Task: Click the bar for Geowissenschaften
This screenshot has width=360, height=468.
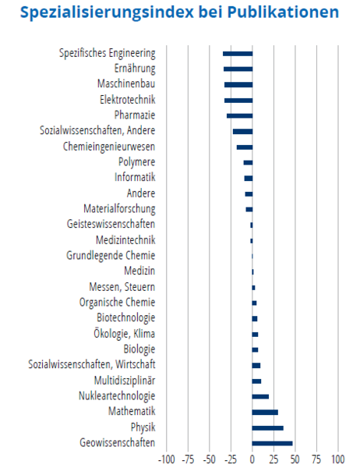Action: pyautogui.click(x=272, y=443)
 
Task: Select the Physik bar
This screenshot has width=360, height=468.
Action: pyautogui.click(x=268, y=427)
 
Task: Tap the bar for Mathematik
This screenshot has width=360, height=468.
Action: pyautogui.click(x=265, y=412)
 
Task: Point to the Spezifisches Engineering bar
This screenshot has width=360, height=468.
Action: pyautogui.click(x=238, y=54)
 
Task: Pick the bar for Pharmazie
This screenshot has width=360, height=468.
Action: pyautogui.click(x=239, y=115)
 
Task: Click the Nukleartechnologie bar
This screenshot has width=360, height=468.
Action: pyautogui.click(x=260, y=396)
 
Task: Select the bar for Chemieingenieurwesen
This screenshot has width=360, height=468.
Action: pyautogui.click(x=245, y=147)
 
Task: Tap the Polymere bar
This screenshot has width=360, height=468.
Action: pyautogui.click(x=248, y=163)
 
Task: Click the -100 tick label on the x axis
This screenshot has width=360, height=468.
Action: pyautogui.click(x=167, y=459)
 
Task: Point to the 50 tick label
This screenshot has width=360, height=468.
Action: pyautogui.click(x=295, y=459)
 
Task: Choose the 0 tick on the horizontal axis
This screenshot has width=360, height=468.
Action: pyautogui.click(x=252, y=459)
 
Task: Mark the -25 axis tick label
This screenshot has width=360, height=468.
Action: pyautogui.click(x=231, y=459)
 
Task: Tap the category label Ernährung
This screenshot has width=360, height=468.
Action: pyautogui.click(x=135, y=69)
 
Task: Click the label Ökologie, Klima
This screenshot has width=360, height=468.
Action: pyautogui.click(x=125, y=334)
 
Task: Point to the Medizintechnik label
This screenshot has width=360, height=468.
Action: pyautogui.click(x=125, y=240)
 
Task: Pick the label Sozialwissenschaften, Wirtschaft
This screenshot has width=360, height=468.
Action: pyautogui.click(x=92, y=364)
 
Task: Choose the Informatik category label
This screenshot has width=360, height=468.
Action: pyautogui.click(x=135, y=177)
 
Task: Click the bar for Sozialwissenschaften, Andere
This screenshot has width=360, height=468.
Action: pyautogui.click(x=243, y=132)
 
